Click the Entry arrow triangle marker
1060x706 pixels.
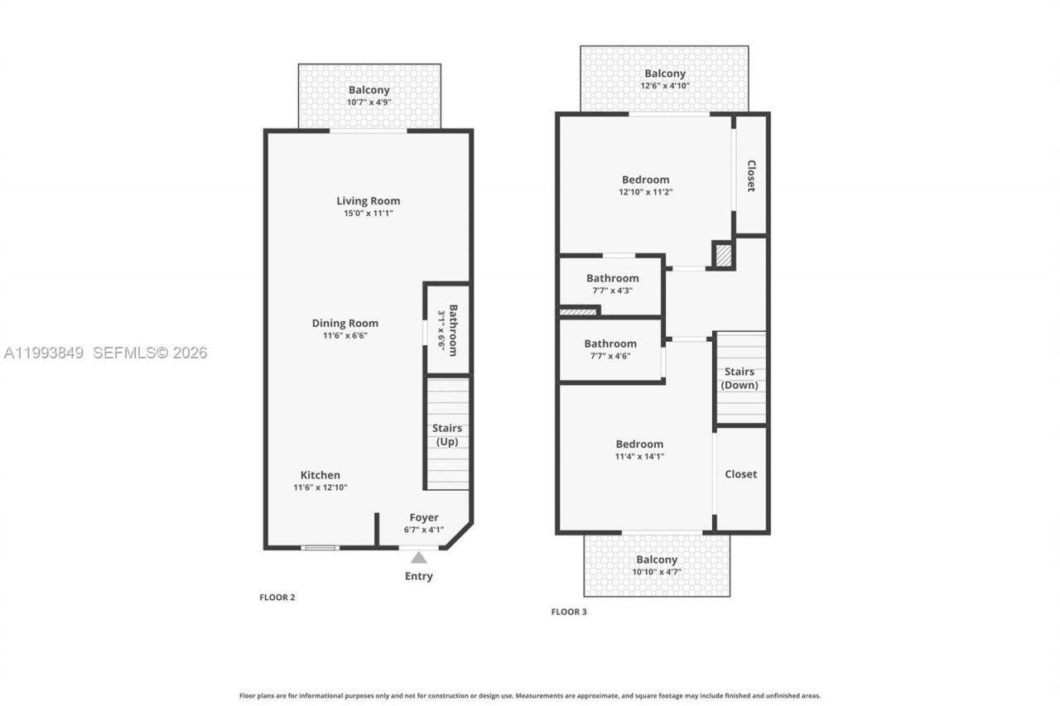coord(419,558)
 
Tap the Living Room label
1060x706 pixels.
coord(368,201)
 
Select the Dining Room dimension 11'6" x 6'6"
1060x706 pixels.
coord(345,336)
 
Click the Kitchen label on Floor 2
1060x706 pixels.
coord(320,475)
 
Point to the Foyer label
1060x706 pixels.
coord(424,518)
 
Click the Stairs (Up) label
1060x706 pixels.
coord(447,435)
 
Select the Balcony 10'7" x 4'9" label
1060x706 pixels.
coord(369,90)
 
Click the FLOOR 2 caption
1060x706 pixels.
coord(277,597)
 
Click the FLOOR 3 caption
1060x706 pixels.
coord(569,612)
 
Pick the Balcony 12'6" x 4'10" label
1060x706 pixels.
coord(665,74)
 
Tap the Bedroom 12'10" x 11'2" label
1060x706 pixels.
coord(646,180)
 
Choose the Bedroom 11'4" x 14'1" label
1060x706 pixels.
coord(639,444)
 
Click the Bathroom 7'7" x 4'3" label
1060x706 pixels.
coord(613,278)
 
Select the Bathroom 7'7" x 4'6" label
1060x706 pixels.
coord(610,343)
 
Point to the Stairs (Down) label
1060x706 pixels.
coord(740,378)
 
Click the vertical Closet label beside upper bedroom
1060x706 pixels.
coord(751,175)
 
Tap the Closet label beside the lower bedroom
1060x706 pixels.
coord(740,474)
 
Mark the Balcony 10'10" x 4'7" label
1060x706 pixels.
coord(657,560)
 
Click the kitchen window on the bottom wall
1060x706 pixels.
coord(320,547)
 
